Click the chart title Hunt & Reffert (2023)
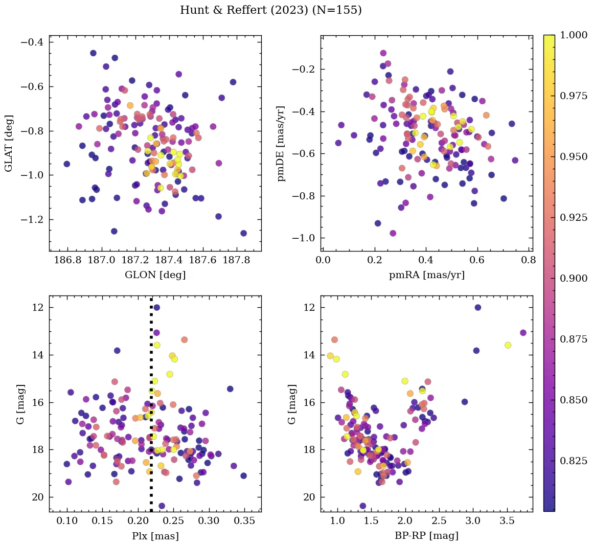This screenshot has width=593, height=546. coord(270,10)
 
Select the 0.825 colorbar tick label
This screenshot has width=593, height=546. coord(574,461)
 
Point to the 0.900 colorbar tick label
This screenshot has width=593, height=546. coord(574,278)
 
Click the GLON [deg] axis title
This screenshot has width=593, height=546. coord(155,275)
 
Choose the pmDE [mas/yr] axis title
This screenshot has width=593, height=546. coord(281,144)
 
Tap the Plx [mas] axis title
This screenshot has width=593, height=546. coord(155,536)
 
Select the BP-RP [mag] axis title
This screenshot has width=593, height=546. coord(426,536)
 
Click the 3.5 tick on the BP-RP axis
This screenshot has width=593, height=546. coord(507,521)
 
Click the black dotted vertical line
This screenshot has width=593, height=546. coord(151,409)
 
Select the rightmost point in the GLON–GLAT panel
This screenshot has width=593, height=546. coord(243,233)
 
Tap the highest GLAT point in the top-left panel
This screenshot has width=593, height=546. coord(93,53)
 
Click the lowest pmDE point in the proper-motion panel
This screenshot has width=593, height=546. coord(393,233)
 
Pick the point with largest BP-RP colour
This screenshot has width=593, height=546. coord(523,333)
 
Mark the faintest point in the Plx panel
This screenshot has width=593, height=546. coord(162,506)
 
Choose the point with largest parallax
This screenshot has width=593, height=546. coord(243,475)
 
